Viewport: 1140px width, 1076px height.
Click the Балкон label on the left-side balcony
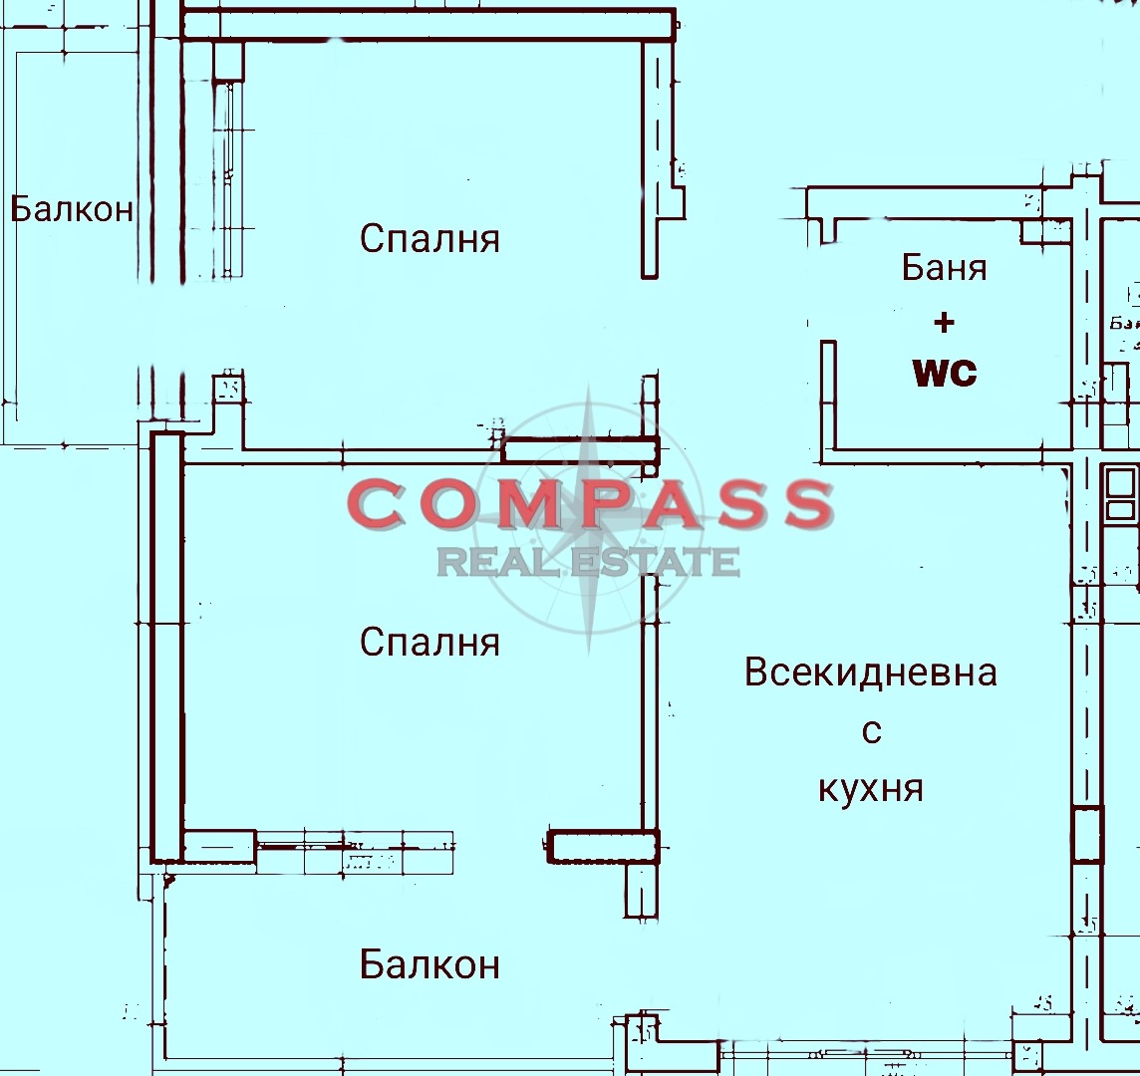[72, 209]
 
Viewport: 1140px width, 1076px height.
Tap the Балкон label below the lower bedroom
[429, 964]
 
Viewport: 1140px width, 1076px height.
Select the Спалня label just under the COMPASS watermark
[429, 642]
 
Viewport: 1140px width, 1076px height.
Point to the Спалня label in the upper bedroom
[429, 239]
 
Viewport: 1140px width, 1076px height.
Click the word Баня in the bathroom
[944, 267]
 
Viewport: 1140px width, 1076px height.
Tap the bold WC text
[945, 373]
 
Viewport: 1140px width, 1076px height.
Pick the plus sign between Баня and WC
[944, 322]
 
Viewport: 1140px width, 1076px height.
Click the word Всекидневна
[870, 672]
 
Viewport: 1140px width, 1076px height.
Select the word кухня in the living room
[870, 789]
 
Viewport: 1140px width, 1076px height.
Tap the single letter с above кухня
[871, 732]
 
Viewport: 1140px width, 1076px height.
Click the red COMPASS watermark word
[590, 504]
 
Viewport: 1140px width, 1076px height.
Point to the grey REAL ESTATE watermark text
[588, 563]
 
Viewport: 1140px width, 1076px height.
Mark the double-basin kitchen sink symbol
[1120, 495]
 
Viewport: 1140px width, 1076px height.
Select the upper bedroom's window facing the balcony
[228, 179]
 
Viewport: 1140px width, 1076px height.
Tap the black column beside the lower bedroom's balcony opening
[604, 847]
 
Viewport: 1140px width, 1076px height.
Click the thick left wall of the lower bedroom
[166, 648]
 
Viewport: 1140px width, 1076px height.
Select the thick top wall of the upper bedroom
[428, 25]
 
